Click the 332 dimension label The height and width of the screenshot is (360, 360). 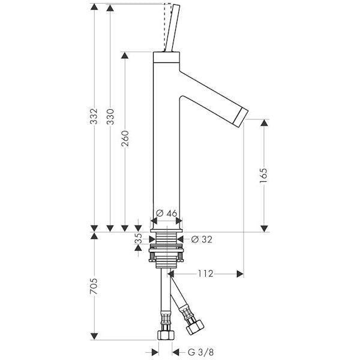(94, 116)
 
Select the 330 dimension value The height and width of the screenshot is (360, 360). (110, 116)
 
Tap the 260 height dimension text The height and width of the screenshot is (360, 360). (125, 139)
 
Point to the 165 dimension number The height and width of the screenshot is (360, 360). (263, 176)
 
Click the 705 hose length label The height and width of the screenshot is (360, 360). (94, 286)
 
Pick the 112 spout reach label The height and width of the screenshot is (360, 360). (206, 274)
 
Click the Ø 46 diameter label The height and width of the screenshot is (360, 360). (167, 213)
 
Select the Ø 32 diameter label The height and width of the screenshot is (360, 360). (202, 239)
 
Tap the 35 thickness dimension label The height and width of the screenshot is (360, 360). (138, 239)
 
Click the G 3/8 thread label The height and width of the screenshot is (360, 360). (201, 352)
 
